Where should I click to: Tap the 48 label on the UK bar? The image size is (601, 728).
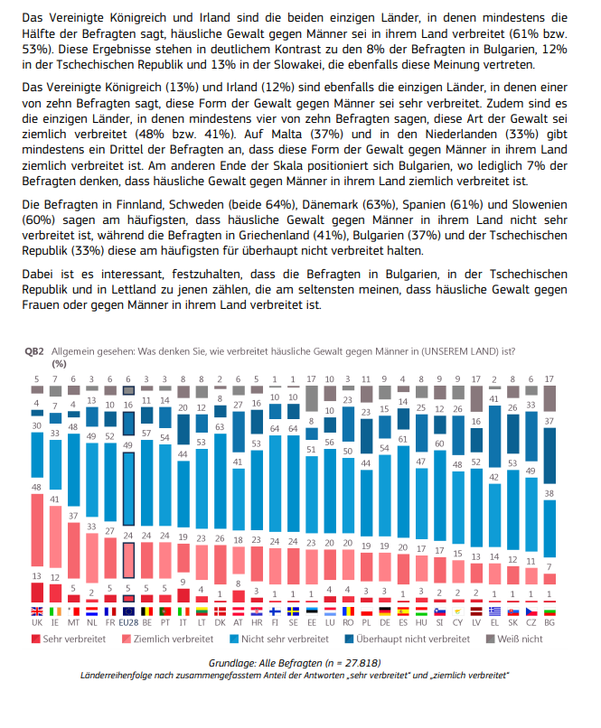[x=37, y=487]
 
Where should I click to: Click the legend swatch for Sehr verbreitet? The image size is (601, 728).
[x=36, y=639]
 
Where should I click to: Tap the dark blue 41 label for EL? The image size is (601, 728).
[x=494, y=398]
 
